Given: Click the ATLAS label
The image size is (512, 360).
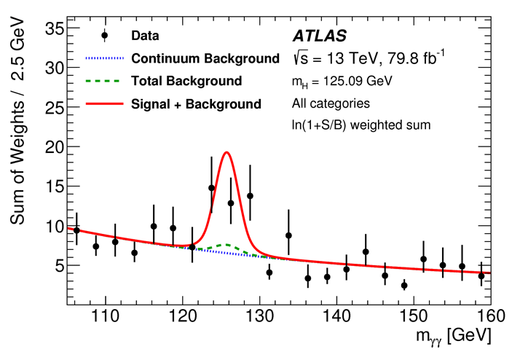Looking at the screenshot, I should pyautogui.click(x=318, y=35).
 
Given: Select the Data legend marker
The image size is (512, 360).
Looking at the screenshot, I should pyautogui.click(x=105, y=35).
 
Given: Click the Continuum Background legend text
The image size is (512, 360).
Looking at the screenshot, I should pyautogui.click(x=205, y=58).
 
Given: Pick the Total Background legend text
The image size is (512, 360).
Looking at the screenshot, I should pyautogui.click(x=186, y=81).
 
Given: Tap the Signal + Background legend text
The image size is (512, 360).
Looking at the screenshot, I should pyautogui.click(x=196, y=104).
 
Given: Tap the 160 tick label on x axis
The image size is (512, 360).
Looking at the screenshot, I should pyautogui.click(x=491, y=316).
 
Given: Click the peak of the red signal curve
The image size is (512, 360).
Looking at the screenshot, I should pyautogui.click(x=227, y=152).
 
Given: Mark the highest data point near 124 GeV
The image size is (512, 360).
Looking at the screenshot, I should pyautogui.click(x=212, y=188).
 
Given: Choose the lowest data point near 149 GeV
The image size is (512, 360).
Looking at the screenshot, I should pyautogui.click(x=404, y=286).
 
